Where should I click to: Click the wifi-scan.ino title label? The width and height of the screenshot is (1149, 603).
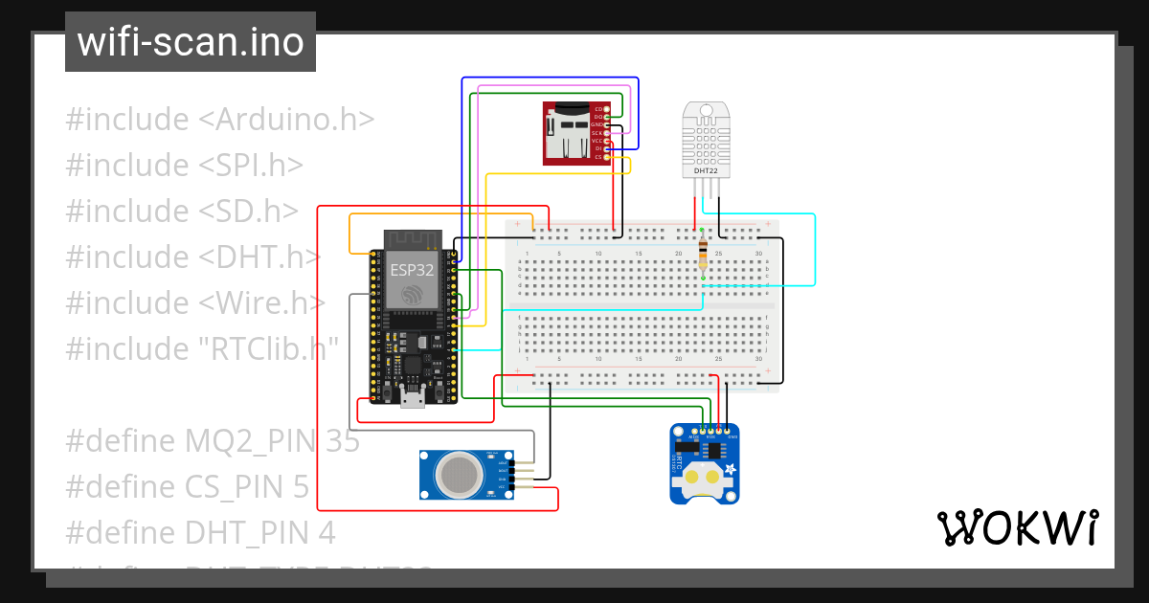(190, 42)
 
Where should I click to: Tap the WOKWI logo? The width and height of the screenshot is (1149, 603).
(1016, 527)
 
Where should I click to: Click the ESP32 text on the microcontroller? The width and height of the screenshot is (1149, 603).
(412, 270)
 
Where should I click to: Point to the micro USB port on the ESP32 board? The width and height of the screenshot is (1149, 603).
(413, 400)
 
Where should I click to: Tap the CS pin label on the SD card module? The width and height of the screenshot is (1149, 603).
(598, 157)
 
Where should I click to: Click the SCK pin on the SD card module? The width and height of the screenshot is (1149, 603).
(597, 133)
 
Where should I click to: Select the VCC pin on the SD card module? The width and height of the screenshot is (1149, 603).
(597, 141)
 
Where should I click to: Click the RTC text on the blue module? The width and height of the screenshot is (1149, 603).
(679, 467)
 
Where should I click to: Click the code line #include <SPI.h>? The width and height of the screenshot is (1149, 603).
(184, 166)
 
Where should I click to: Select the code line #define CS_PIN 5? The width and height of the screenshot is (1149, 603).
(187, 487)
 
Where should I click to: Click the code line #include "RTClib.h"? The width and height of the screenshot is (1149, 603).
(202, 348)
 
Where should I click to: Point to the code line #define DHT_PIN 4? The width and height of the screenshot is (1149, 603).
(200, 532)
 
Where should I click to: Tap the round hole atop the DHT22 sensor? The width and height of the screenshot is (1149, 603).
(707, 111)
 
